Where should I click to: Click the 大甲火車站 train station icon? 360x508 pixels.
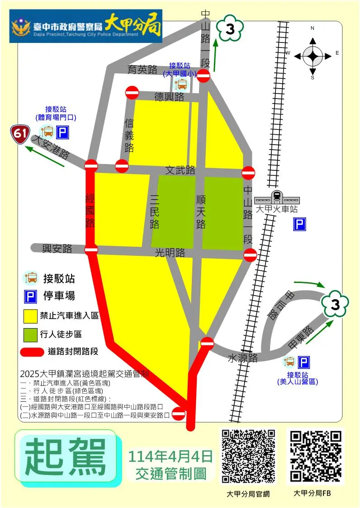pos(276,198)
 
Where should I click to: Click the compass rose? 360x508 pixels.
pos(313,56)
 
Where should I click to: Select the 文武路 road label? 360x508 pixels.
pos(180,170)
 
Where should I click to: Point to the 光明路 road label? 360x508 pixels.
pos(170,253)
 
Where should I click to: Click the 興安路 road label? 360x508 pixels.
pos(57,248)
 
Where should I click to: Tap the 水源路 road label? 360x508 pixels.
pos(242,358)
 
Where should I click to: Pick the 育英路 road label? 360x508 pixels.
pos(142,69)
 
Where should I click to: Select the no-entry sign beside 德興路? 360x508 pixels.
pos(132,93)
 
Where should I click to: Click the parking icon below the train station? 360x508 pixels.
pos(299,224)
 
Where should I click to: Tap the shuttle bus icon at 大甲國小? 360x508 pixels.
pos(181,84)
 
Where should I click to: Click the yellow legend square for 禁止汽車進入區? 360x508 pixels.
pos(30,315)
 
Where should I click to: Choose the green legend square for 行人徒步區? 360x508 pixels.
pos(30,334)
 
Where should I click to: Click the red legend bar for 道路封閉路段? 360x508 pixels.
pos(32,352)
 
